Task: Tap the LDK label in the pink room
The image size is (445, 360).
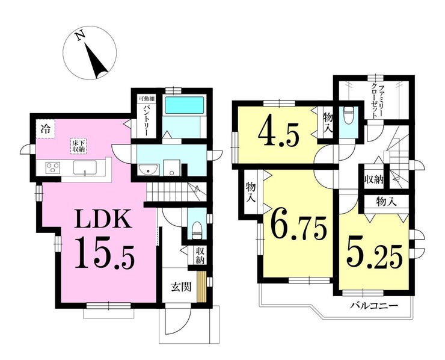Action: tap(103, 219)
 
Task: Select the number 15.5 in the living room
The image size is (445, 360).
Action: tap(104, 253)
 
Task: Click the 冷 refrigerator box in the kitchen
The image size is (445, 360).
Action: tap(45, 129)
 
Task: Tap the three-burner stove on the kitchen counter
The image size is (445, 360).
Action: tap(53, 167)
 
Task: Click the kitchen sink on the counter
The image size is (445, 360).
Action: tap(85, 167)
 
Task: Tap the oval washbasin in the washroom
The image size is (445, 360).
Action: tap(148, 170)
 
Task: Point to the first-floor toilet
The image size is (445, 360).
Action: tap(197, 229)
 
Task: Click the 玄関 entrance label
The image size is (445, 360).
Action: tap(181, 287)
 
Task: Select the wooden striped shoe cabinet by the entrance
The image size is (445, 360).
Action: tap(201, 287)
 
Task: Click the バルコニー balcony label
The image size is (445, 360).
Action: tap(374, 306)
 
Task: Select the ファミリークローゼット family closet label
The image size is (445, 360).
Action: tap(378, 101)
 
